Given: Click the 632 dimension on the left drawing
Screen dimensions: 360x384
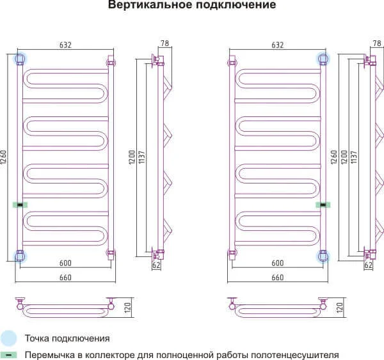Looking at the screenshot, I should pyautogui.click(x=65, y=45).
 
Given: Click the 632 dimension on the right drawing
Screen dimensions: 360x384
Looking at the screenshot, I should pyautogui.click(x=276, y=45).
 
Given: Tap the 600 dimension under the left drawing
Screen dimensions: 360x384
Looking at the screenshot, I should pyautogui.click(x=65, y=263).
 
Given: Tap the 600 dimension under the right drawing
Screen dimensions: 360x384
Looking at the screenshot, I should pyautogui.click(x=277, y=263).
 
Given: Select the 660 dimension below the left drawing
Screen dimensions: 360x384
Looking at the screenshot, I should pyautogui.click(x=65, y=277).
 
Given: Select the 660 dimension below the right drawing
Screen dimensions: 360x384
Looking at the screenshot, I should pyautogui.click(x=277, y=277).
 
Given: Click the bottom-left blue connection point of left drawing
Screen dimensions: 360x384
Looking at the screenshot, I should pyautogui.click(x=20, y=256).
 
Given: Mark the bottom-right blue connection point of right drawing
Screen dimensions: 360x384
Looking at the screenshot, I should pyautogui.click(x=323, y=256).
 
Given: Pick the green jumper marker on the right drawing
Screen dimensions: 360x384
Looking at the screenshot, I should pyautogui.click(x=324, y=205).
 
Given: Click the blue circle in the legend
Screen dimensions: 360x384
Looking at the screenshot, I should pyautogui.click(x=9, y=338).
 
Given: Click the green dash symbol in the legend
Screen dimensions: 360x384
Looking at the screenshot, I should pyautogui.click(x=9, y=354).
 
